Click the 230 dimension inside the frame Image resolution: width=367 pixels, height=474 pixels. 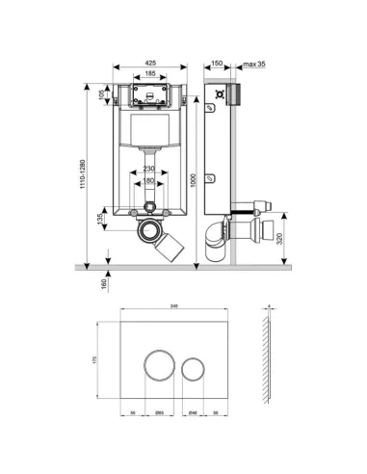(147, 171)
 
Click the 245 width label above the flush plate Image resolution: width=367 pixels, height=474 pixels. (174, 307)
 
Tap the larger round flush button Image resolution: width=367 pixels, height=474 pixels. (160, 365)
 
